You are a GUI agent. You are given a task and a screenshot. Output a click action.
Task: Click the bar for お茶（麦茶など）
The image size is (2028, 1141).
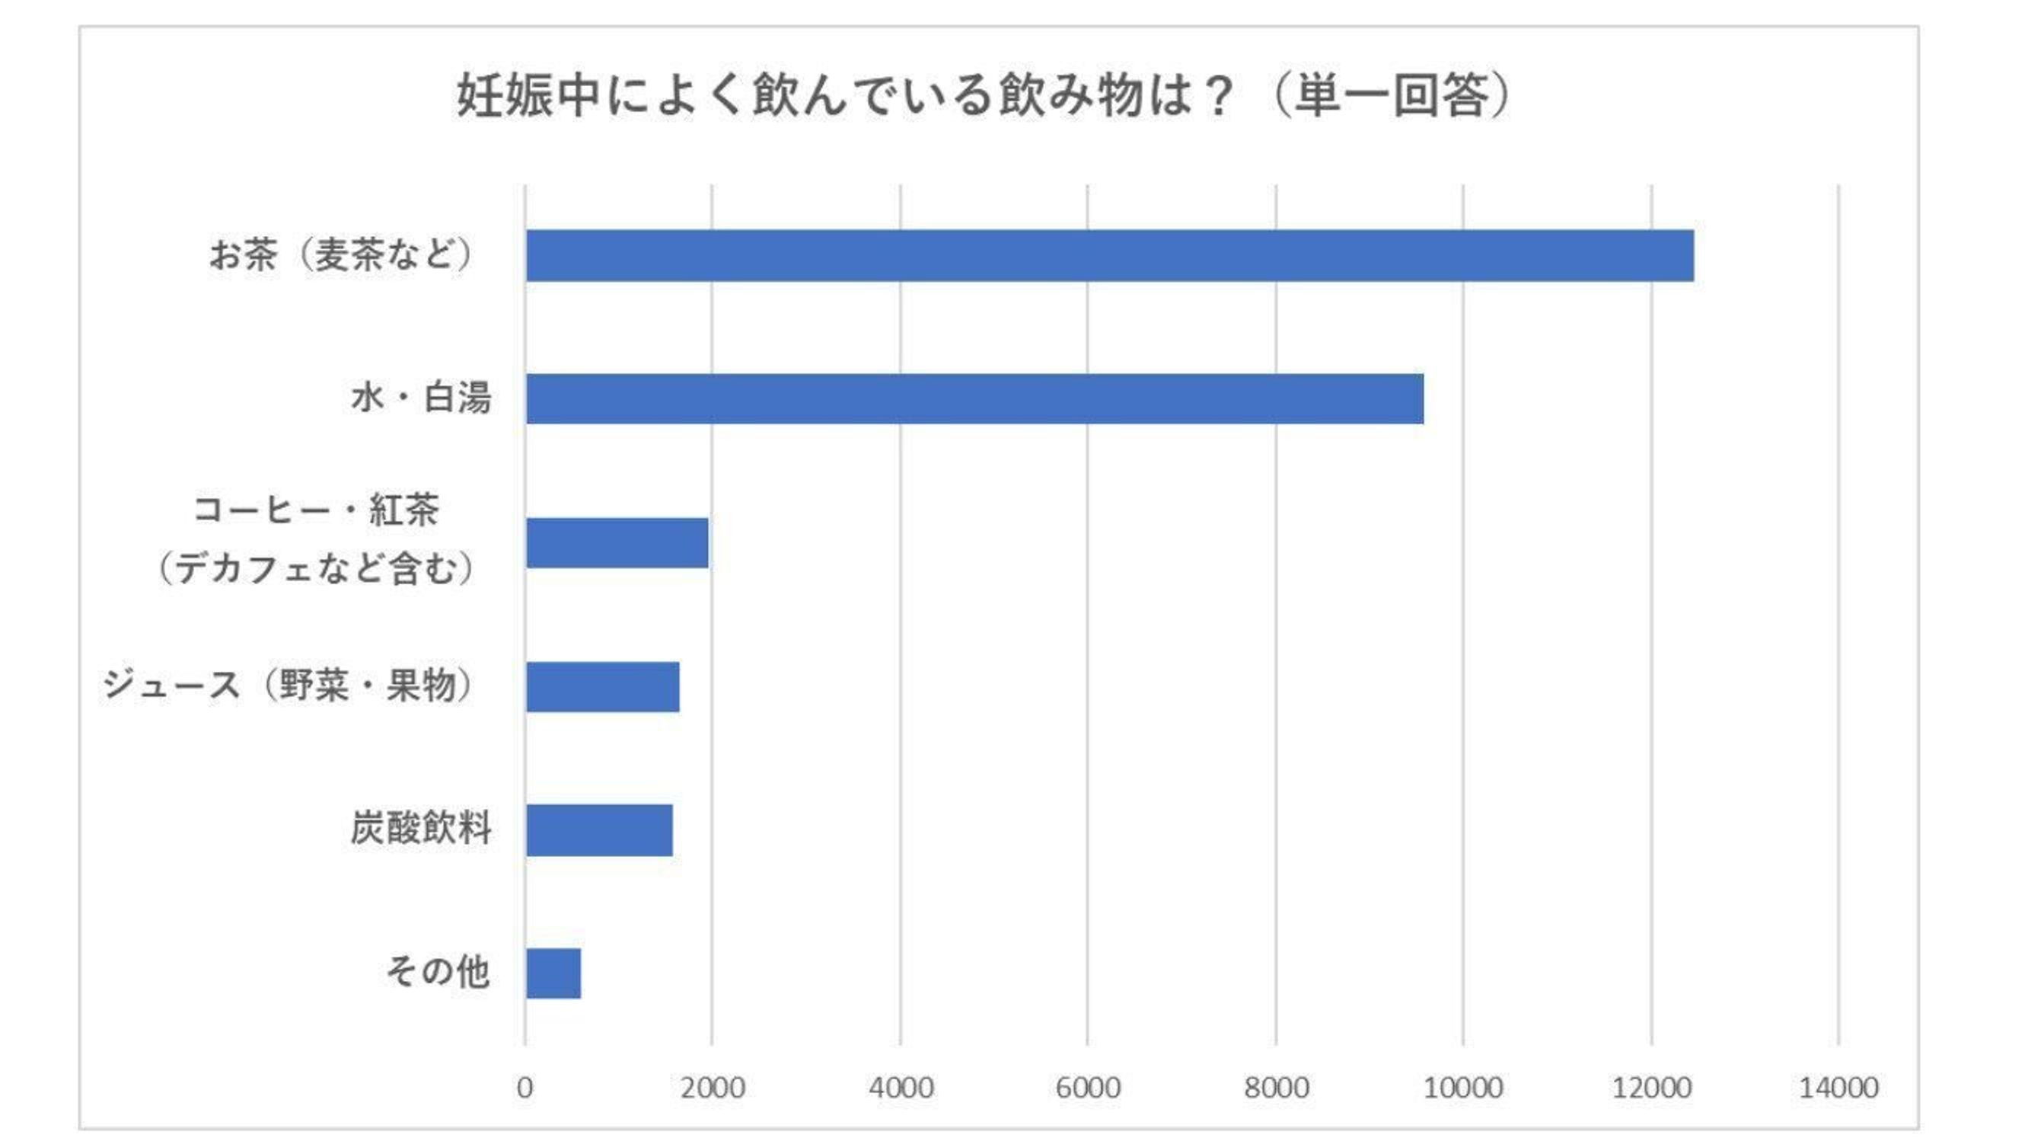coord(1109,256)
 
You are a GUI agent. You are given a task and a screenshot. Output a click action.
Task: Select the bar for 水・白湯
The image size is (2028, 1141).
coord(974,399)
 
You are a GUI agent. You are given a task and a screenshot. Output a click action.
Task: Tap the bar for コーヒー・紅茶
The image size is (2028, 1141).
coord(617,543)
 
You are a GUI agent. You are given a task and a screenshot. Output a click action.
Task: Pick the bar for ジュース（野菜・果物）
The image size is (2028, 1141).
coord(603,686)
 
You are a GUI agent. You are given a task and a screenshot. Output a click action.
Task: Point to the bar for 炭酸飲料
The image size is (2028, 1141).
coord(599,830)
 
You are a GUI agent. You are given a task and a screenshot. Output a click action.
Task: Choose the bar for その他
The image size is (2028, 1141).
coord(553,973)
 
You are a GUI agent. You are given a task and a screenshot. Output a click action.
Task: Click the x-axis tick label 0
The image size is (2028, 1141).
coord(525,1088)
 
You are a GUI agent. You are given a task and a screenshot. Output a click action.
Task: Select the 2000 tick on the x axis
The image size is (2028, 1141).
coord(713,1088)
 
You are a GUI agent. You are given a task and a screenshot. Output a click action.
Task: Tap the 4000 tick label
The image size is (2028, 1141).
coord(901,1088)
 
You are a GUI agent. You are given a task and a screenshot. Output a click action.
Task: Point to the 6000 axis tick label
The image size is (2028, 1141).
coord(1088,1088)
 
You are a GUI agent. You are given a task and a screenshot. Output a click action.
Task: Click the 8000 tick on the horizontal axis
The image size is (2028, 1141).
coord(1276,1088)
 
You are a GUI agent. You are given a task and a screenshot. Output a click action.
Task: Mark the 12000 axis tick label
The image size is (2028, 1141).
coord(1652,1088)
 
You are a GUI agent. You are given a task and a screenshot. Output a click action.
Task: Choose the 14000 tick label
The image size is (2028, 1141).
coord(1839,1088)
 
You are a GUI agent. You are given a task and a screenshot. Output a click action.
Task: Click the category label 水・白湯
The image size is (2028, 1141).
coord(421,398)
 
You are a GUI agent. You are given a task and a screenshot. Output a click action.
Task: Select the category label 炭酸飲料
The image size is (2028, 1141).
coord(421,829)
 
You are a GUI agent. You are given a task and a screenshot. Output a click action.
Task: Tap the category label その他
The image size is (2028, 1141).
coord(438,972)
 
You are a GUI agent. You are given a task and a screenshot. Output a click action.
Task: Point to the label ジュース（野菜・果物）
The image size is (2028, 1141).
coord(289,685)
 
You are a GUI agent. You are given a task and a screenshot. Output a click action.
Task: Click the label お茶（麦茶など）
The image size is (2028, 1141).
coord(341,255)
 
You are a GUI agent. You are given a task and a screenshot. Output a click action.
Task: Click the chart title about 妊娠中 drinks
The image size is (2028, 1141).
coord(984,96)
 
